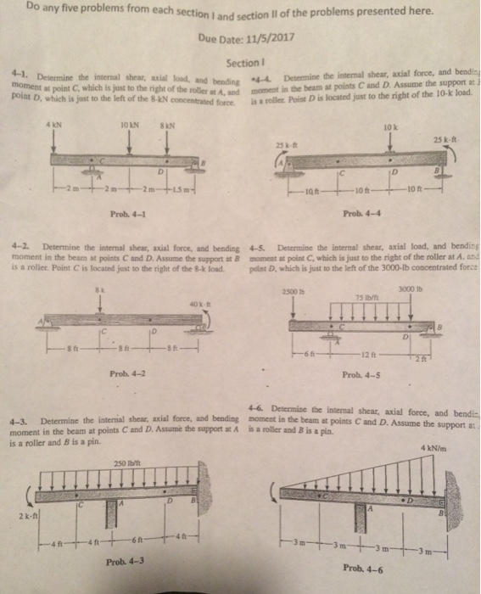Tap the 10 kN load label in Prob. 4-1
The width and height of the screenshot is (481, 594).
(127, 127)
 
